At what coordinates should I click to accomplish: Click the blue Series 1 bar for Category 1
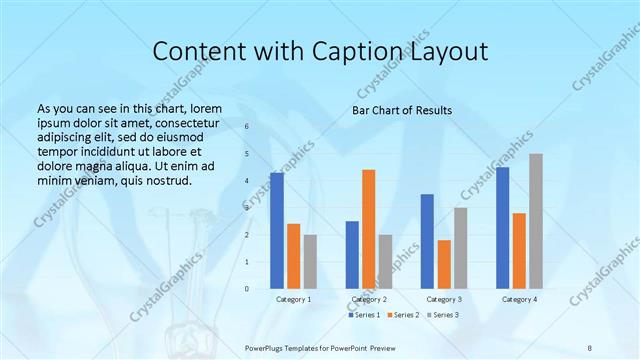[x=277, y=231]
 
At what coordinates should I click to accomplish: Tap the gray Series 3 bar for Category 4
[x=536, y=221]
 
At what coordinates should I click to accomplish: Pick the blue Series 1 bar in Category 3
[x=427, y=241]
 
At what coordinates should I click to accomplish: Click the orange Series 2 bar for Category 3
[x=444, y=264]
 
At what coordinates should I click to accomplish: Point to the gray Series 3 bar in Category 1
[x=310, y=262]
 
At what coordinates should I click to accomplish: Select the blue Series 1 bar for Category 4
[x=502, y=228]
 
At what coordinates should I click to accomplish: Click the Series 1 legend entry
[x=364, y=315]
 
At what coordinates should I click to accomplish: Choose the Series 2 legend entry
[x=403, y=315]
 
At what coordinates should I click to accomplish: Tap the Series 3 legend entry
[x=443, y=315]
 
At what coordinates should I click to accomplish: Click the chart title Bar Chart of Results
[x=402, y=110]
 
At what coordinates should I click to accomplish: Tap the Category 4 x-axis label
[x=519, y=299]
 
